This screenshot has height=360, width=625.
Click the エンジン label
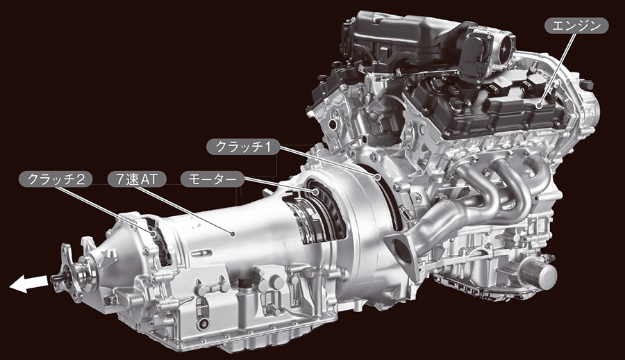[576, 26]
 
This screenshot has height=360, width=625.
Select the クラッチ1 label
[243, 147]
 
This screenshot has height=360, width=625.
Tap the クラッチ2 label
[56, 179]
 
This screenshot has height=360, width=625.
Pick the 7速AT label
[137, 179]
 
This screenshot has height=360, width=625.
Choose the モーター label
[212, 179]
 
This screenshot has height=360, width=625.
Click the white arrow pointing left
[28, 284]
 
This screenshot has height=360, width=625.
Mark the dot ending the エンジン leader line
[539, 106]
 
